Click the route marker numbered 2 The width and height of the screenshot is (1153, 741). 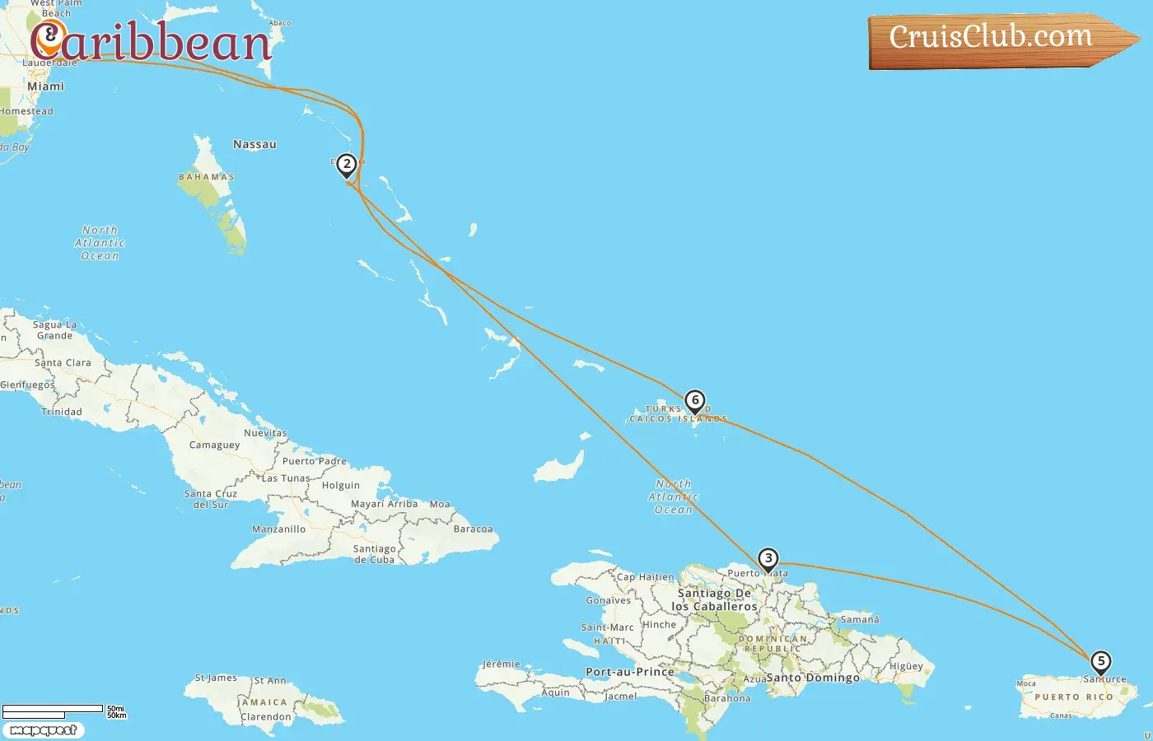point(347,165)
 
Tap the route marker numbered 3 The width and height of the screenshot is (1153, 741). point(768,559)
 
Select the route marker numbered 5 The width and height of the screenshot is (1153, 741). point(1100,661)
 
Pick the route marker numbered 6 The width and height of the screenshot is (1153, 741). point(695,401)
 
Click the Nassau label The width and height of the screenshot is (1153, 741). point(254,145)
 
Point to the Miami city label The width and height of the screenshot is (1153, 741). point(45,86)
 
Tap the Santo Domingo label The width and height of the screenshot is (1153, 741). point(813,678)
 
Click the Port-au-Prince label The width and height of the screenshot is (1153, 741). point(630,672)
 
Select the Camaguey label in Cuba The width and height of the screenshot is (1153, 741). point(214,445)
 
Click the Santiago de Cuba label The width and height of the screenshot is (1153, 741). point(375,554)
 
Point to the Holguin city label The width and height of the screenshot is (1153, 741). point(341,486)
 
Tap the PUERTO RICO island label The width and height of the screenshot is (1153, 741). point(1074,697)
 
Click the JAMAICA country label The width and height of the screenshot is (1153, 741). point(264,702)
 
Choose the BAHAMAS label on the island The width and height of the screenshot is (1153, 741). point(207,177)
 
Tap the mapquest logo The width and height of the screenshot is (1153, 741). point(43,730)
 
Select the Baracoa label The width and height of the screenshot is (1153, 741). point(474,529)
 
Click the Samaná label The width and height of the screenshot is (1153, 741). point(860,619)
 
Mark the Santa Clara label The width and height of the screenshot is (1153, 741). point(63,363)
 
